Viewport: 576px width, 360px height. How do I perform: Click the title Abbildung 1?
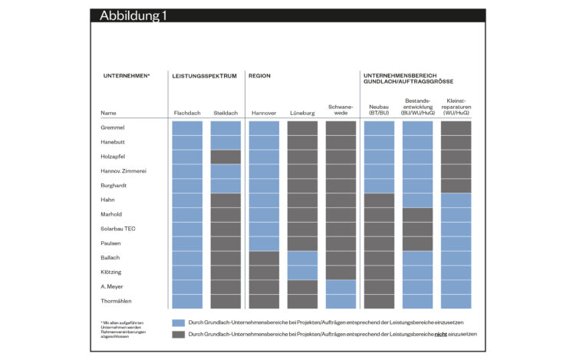[x=133, y=16]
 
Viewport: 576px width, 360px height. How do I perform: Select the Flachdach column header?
[x=187, y=113]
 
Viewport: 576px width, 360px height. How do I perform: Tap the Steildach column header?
[x=225, y=113]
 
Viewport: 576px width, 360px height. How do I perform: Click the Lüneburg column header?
[x=302, y=113]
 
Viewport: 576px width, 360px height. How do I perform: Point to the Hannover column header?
[x=264, y=113]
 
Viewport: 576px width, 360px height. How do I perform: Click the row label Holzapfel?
[x=114, y=156]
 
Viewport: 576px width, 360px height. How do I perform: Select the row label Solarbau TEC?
[x=118, y=229]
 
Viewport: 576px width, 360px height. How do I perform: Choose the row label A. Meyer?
[x=113, y=286]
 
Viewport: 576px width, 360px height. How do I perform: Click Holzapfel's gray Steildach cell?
[x=225, y=157]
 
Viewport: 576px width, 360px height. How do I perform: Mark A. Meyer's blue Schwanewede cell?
[x=341, y=286]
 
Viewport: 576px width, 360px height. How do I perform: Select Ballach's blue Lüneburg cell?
[x=302, y=258]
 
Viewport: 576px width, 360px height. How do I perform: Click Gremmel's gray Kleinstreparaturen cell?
[x=456, y=127]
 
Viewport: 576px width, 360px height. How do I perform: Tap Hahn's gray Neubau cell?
[x=379, y=200]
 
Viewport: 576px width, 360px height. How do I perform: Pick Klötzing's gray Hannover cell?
[x=264, y=272]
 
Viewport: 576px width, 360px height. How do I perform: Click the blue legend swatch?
[x=178, y=322]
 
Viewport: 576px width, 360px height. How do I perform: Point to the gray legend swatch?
[x=178, y=334]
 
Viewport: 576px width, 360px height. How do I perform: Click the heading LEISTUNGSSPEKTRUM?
[x=204, y=77]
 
